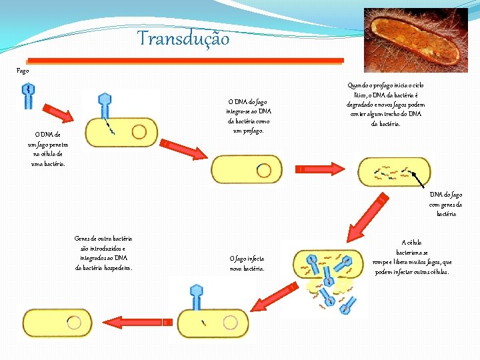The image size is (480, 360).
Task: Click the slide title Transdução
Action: click(x=183, y=39)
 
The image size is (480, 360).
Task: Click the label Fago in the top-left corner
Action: click(x=23, y=69)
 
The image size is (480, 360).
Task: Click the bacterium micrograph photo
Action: click(x=415, y=40)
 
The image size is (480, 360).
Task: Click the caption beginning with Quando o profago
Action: click(x=385, y=104)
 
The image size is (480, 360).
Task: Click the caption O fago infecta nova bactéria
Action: click(x=247, y=263)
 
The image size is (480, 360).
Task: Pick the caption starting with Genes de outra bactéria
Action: click(x=103, y=253)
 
